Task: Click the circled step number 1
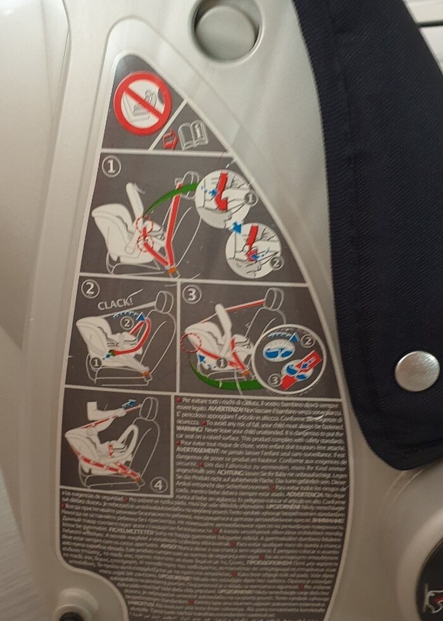click(112, 167)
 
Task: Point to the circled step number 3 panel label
click(192, 294)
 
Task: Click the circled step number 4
click(159, 485)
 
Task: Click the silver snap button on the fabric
click(416, 371)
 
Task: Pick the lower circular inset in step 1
click(254, 247)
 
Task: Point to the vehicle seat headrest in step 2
click(163, 301)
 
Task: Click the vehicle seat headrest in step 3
click(274, 297)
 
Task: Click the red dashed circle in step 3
click(189, 345)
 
